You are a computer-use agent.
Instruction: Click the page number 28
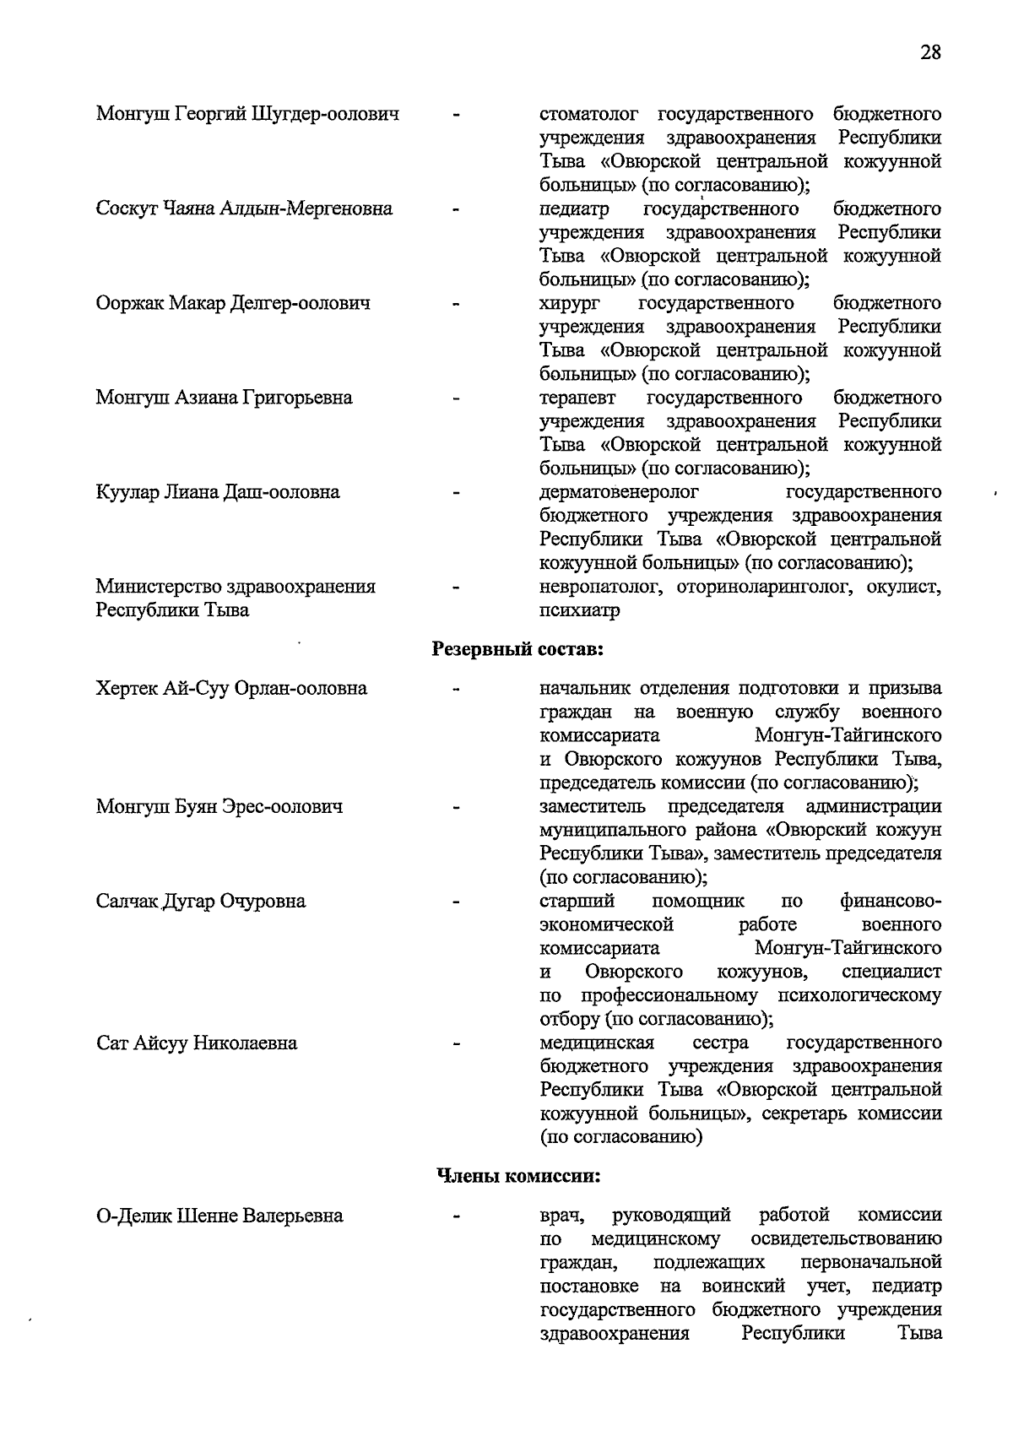click(930, 52)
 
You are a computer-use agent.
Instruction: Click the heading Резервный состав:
click(518, 649)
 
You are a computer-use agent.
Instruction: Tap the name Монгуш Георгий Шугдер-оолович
click(247, 114)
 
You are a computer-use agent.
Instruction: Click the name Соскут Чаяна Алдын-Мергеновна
click(244, 209)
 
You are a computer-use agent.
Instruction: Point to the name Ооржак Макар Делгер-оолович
click(233, 303)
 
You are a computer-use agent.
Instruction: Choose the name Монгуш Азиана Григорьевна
click(224, 398)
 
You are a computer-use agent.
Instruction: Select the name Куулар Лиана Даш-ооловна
click(218, 492)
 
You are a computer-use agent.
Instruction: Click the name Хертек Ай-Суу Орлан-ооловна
click(231, 689)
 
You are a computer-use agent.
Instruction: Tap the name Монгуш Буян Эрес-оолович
click(219, 807)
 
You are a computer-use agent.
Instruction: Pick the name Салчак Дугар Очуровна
click(201, 902)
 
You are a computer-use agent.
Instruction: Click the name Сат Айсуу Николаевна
click(197, 1043)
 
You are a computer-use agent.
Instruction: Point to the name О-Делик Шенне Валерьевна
click(219, 1216)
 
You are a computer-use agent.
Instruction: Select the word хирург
click(568, 303)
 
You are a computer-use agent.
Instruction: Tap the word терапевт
click(578, 398)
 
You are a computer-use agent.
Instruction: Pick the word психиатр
click(580, 610)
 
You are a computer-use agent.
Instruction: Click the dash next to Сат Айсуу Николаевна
click(457, 1044)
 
